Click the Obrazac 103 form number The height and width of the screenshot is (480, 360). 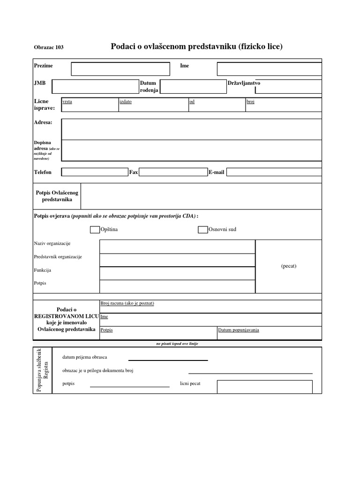pos(49,47)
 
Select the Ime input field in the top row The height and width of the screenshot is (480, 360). pos(269,69)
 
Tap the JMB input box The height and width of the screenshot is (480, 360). pos(95,87)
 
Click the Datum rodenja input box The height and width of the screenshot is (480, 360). pos(193,87)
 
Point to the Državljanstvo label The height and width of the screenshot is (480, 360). pos(244,83)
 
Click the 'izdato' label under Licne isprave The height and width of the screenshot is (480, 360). pos(126,102)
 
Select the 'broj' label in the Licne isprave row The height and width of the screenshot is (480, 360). pos(250,102)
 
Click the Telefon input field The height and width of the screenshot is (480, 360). pos(95,172)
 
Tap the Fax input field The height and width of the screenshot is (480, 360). pos(173,172)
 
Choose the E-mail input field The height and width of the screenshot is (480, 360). pos(274,172)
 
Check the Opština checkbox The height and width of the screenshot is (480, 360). pos(95,230)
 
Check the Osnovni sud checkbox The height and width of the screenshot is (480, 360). pos(202,230)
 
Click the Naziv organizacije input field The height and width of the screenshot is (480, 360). pos(177,247)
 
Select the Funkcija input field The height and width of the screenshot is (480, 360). pos(177,273)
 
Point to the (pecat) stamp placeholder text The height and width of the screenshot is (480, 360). pos(289,266)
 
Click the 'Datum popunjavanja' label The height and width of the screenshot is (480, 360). pos(239,330)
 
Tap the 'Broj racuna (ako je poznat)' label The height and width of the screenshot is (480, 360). pos(127,303)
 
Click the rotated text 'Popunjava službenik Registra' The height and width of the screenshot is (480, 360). pos(42,370)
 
